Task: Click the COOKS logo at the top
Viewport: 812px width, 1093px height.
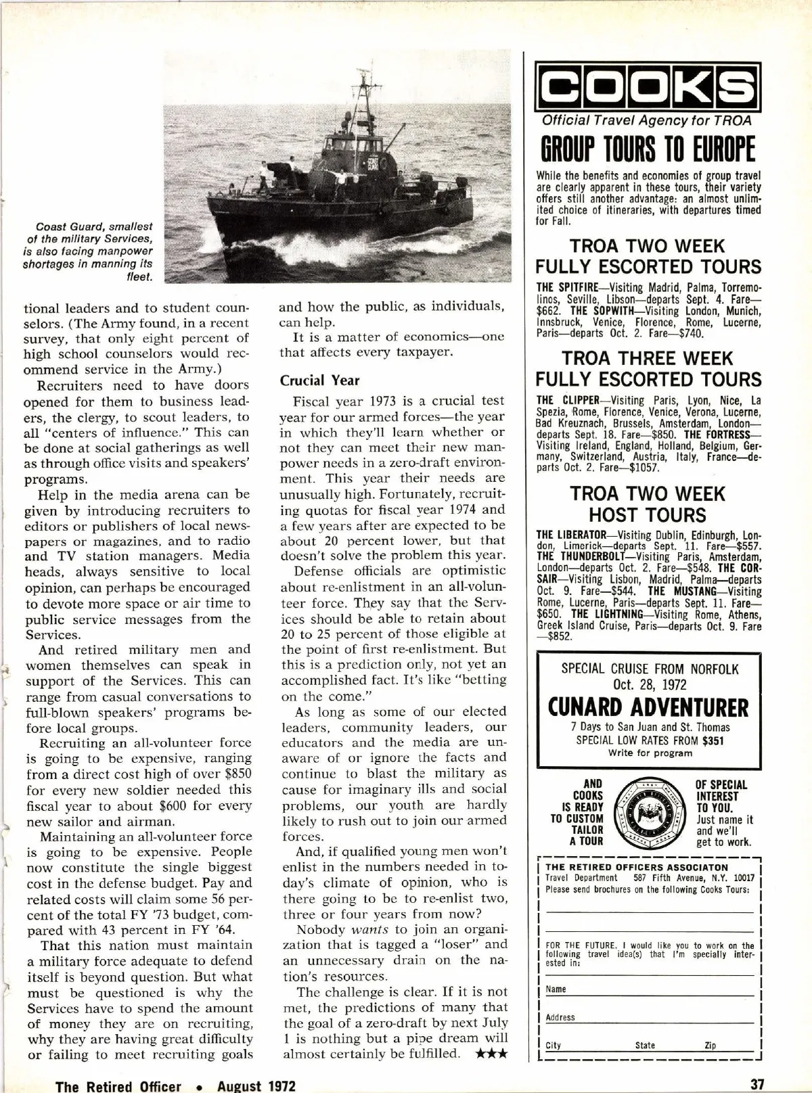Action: (649, 85)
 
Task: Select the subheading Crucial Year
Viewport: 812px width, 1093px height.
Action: (320, 380)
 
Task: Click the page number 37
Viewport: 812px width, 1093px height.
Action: (757, 1084)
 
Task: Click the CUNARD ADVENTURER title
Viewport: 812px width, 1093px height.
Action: (649, 707)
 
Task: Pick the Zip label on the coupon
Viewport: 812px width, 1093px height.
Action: (710, 1045)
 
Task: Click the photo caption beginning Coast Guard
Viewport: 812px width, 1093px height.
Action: (95, 251)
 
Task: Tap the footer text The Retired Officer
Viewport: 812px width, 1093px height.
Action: (118, 1086)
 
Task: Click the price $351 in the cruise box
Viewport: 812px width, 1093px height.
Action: (713, 740)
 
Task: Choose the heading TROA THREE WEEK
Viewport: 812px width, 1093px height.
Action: (648, 358)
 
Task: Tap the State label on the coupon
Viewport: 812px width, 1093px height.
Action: (645, 1045)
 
